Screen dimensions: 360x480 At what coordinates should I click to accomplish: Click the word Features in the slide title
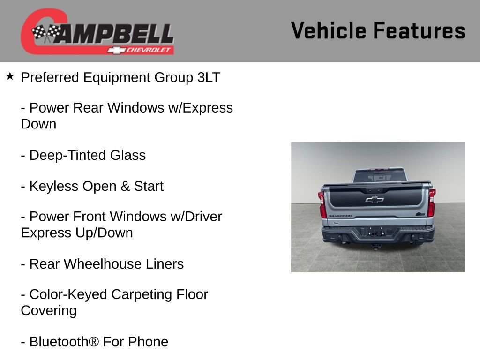[420, 30]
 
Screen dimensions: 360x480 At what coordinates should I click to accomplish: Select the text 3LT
[209, 77]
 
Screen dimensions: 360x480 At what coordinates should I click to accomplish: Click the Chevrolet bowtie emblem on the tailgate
[375, 200]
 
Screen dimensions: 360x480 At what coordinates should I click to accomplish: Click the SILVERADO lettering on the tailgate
[340, 216]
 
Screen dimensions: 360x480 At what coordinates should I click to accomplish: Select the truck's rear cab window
[379, 176]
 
